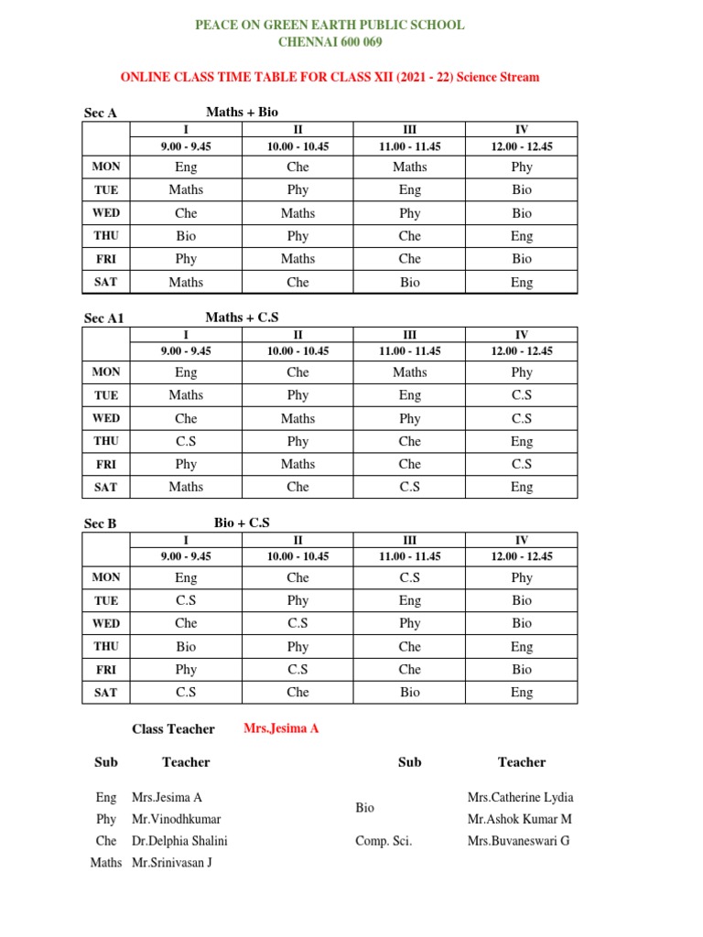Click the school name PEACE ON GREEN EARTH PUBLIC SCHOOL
coord(330,25)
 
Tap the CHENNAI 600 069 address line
coord(330,42)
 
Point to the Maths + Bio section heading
coord(242,112)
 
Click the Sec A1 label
coord(103,318)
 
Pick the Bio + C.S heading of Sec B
coord(242,522)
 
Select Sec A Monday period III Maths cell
coord(409,167)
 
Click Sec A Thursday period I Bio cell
coord(186,236)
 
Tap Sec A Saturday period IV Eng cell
coord(521,282)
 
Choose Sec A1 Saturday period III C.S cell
coord(409,487)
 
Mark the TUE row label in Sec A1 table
coord(106,395)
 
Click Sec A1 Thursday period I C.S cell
coord(186,441)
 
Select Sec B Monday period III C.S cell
coord(409,577)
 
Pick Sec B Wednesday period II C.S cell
coord(297,623)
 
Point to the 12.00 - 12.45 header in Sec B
coord(521,556)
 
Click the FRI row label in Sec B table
coord(106,670)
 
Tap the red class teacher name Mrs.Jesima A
coord(281,728)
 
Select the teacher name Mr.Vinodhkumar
coord(176,819)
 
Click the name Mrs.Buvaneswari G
coord(518,841)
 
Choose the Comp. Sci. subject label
coord(384,841)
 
